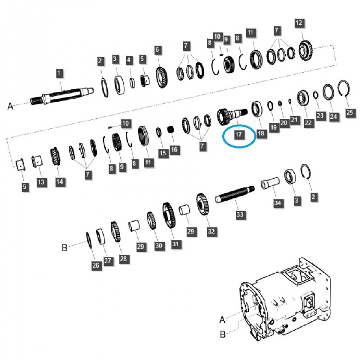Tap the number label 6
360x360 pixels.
click(x=157, y=49)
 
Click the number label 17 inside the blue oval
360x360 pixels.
click(x=238, y=135)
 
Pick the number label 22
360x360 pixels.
click(x=308, y=122)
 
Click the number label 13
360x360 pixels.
click(x=41, y=182)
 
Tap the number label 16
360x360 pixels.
click(x=174, y=149)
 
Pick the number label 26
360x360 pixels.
click(x=95, y=265)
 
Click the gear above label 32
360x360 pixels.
click(x=202, y=206)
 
